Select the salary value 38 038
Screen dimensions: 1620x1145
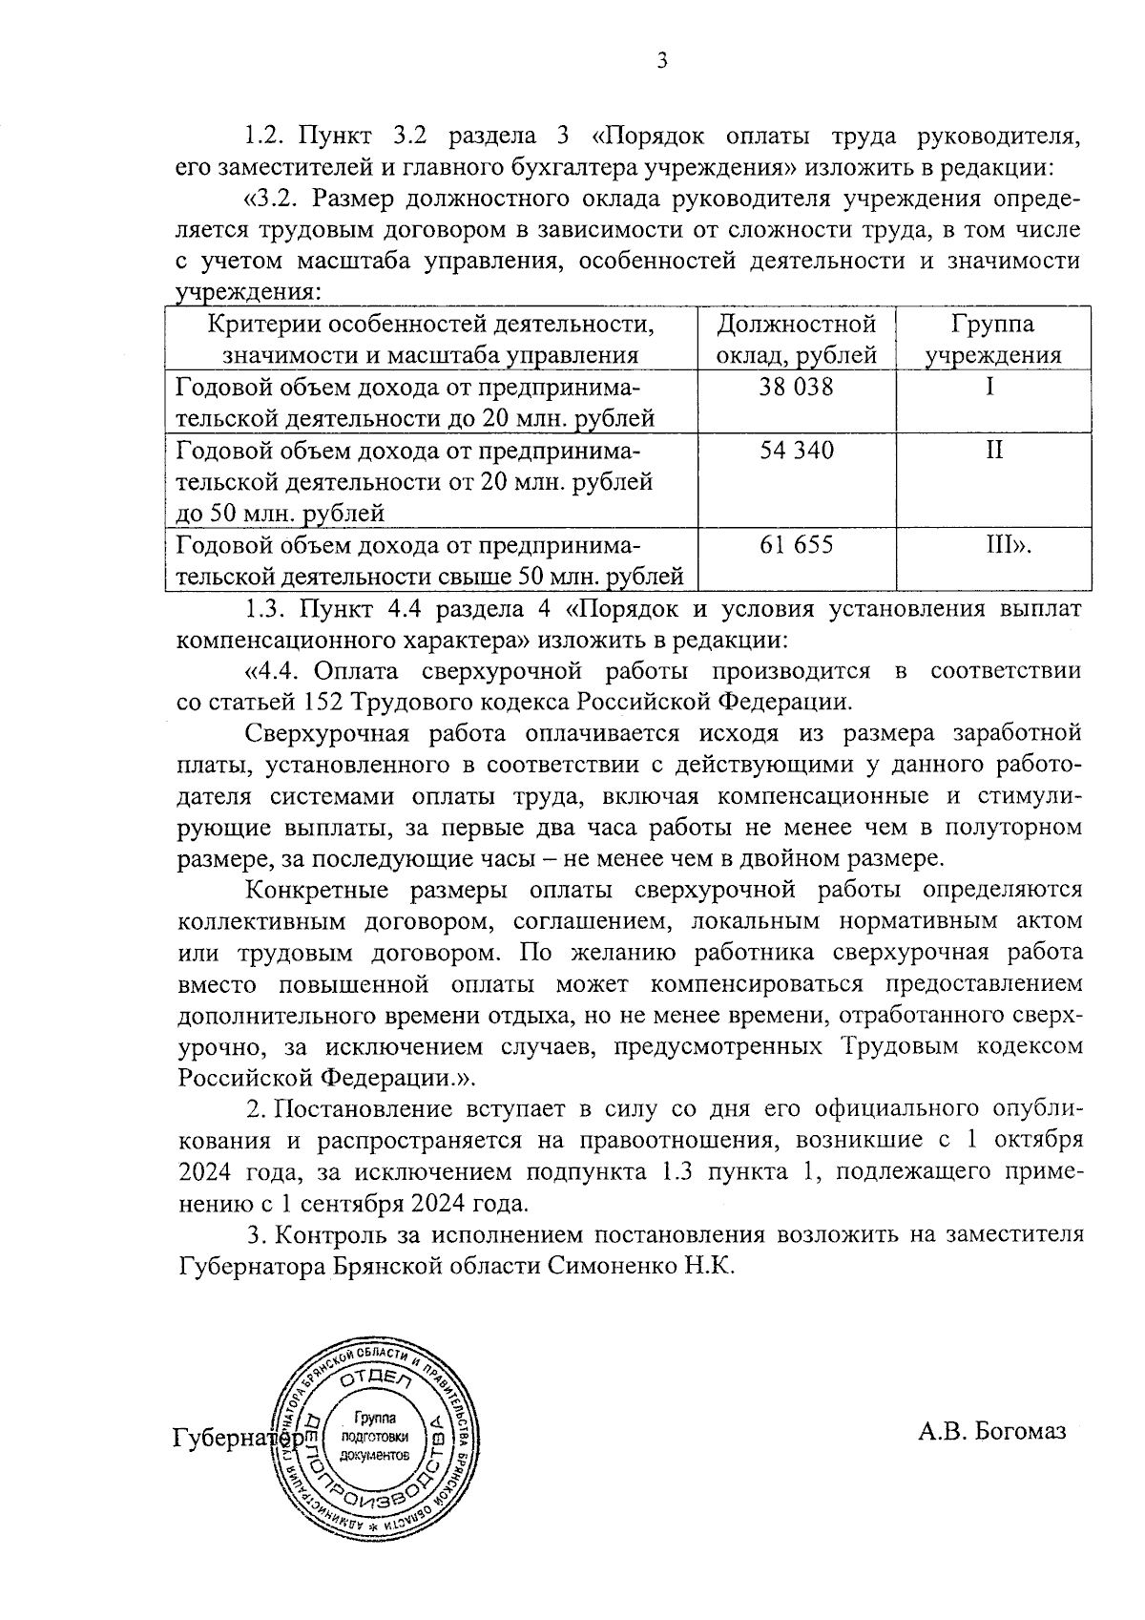point(797,388)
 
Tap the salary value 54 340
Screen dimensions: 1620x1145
point(797,450)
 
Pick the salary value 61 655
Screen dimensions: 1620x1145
point(797,544)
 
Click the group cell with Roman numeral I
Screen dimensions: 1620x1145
point(991,388)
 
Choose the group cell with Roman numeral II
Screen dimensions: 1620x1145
point(993,450)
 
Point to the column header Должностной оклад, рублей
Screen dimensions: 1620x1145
point(797,340)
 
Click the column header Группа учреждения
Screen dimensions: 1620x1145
point(993,340)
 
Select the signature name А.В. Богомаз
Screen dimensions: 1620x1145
point(991,1430)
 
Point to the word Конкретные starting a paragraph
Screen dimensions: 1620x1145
point(317,891)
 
